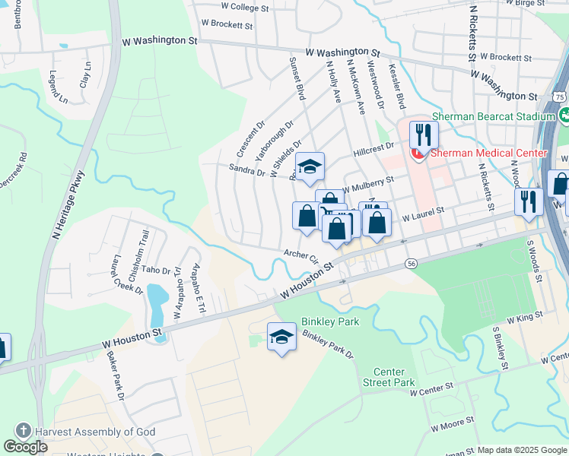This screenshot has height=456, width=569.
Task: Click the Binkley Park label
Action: tap(329, 321)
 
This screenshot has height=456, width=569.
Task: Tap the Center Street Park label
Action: tap(389, 377)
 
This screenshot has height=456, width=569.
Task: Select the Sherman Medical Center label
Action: tap(488, 153)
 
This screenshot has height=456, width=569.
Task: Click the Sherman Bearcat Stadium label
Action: tap(493, 116)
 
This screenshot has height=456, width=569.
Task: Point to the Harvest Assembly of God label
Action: tap(94, 432)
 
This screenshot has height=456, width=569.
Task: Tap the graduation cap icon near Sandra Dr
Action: tap(310, 167)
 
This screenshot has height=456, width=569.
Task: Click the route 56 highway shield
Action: tap(411, 263)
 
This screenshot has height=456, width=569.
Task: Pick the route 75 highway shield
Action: tap(560, 97)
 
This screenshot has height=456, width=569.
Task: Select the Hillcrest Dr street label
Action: tap(374, 148)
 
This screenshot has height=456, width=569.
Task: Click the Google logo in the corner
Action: tap(25, 447)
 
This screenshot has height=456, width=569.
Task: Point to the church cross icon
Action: tap(23, 431)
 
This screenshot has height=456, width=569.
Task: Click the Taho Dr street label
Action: tap(156, 270)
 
